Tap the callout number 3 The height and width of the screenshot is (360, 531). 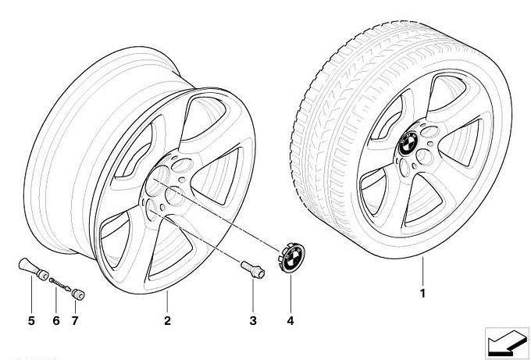tap(253, 320)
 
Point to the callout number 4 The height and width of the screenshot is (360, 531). tap(290, 320)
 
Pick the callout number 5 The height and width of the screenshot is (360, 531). tap(31, 320)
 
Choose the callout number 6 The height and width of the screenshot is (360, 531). tap(55, 320)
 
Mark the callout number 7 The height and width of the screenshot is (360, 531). tap(76, 320)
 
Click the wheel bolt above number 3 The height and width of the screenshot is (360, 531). tap(253, 270)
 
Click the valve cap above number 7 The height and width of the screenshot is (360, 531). tap(78, 296)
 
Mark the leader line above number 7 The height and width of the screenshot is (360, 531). tap(76, 308)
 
